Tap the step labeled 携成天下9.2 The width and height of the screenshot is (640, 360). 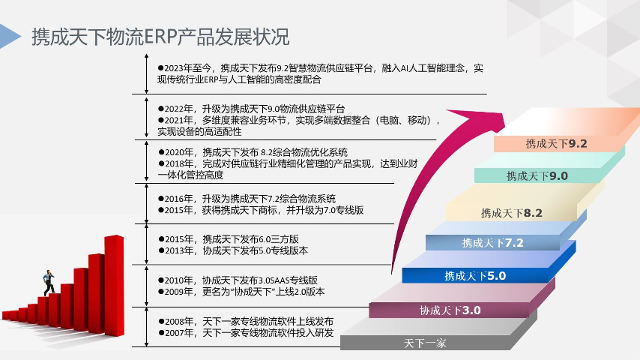(x=555, y=143)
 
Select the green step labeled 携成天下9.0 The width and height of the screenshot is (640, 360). (x=537, y=176)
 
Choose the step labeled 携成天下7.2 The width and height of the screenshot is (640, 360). (x=492, y=242)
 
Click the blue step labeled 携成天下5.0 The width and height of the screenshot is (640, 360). (x=475, y=275)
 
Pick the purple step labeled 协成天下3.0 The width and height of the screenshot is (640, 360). (x=450, y=310)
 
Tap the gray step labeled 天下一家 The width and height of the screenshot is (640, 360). (x=425, y=343)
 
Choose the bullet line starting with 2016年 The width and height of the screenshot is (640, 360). (x=247, y=199)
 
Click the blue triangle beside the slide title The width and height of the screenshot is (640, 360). (x=9, y=36)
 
